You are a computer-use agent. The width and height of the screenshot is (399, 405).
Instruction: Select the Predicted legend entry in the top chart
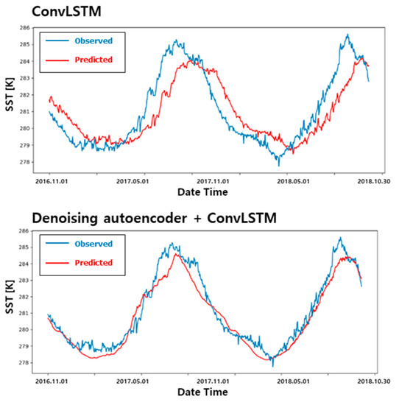tap(93, 59)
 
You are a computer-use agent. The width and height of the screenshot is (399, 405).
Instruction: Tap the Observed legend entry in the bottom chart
tap(93, 244)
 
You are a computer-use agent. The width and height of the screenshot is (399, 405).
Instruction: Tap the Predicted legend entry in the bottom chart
tap(93, 263)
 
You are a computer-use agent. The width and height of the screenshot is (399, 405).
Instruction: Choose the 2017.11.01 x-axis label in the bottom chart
tap(212, 382)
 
